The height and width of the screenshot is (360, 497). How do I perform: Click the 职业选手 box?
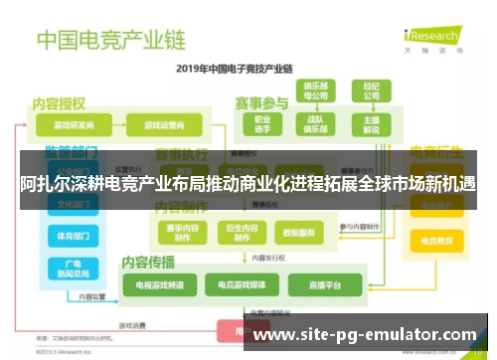262,125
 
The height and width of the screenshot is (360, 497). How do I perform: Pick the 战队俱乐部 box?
317,125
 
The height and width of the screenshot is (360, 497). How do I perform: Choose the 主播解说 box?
371,125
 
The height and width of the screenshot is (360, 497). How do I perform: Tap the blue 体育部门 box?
73,237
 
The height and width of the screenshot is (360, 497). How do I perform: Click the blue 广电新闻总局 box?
73,268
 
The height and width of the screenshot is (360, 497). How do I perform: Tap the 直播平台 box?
320,285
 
